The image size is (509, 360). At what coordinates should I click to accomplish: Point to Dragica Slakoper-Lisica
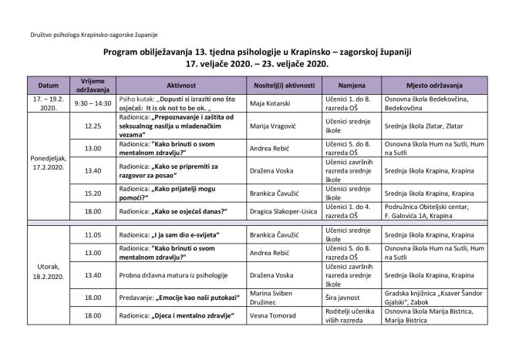[282, 210]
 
